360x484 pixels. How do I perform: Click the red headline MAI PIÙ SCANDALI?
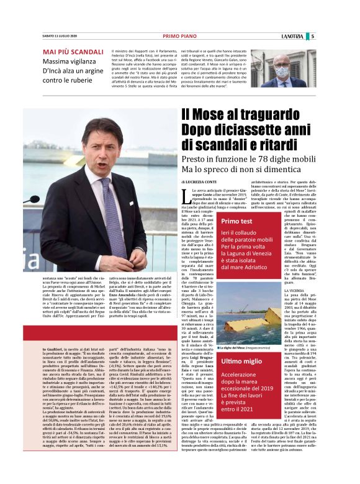pyautogui.click(x=73, y=52)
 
